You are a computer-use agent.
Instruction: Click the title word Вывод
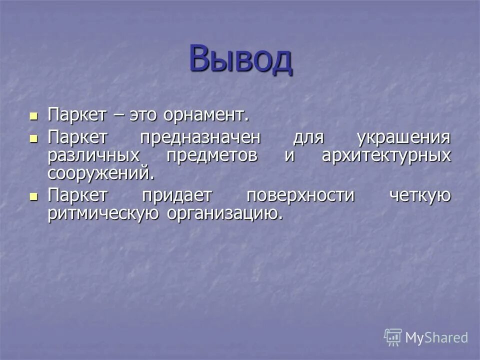[x=240, y=58]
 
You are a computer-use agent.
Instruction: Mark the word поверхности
[x=300, y=195]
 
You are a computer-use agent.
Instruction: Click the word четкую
[x=419, y=195]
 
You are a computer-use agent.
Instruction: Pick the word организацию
[x=224, y=213]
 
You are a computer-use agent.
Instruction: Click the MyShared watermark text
[x=436, y=337]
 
